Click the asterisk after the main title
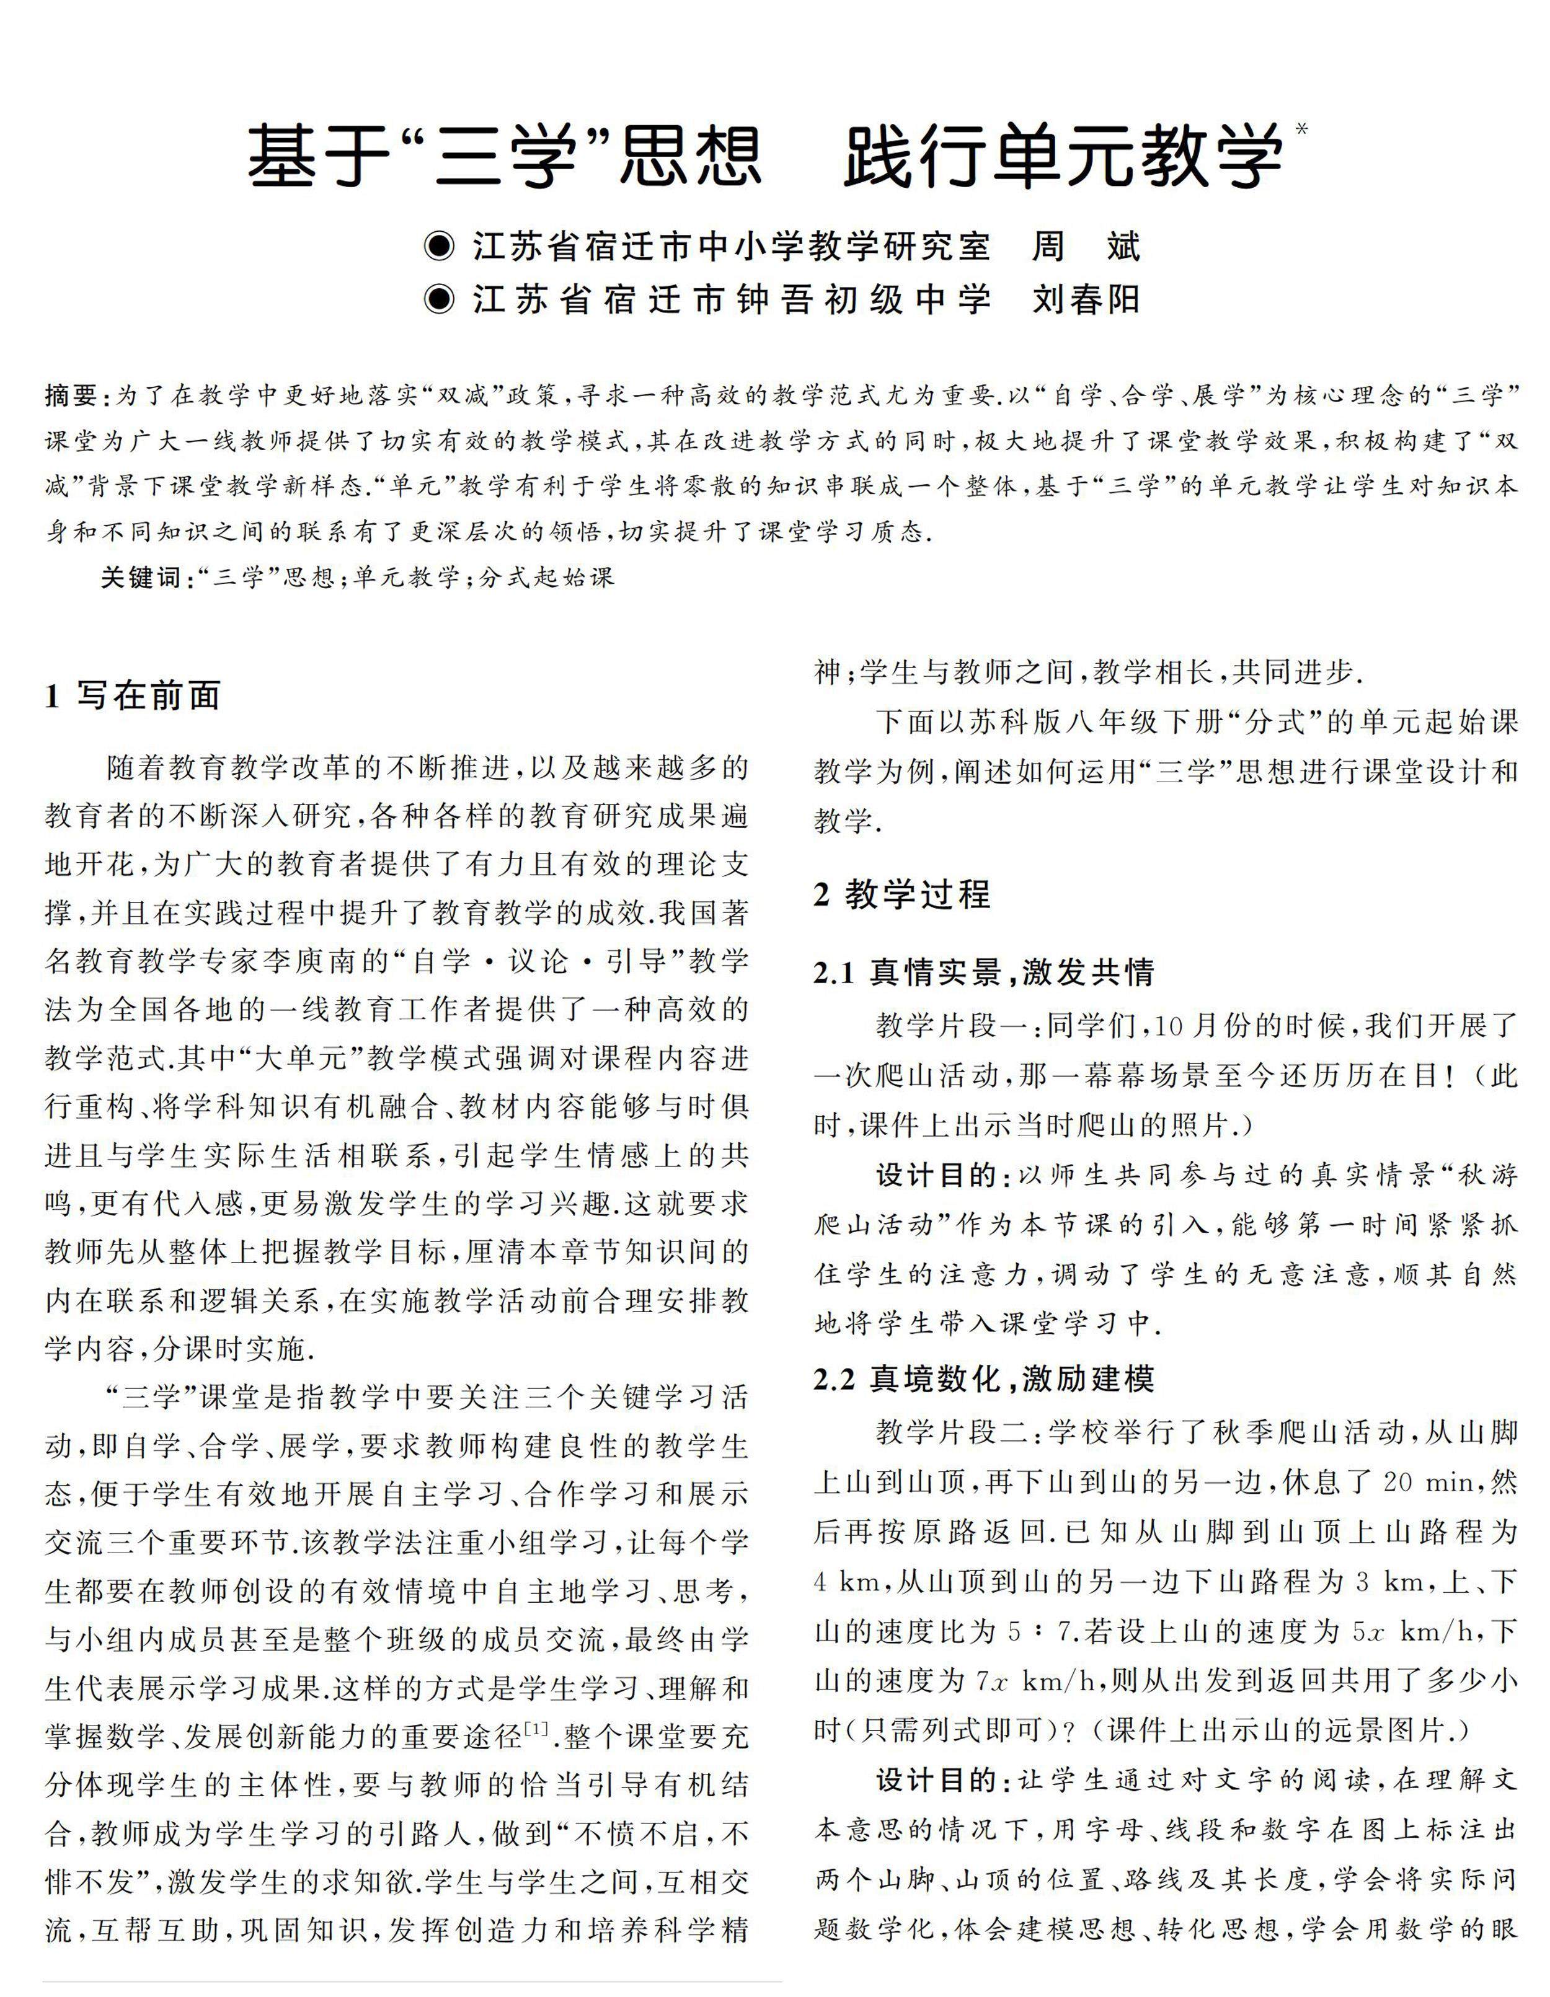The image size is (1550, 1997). (x=1302, y=129)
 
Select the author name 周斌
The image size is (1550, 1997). (x=1086, y=247)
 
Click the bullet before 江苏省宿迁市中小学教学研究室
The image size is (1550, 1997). (x=440, y=247)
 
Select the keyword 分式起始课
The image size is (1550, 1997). (x=546, y=577)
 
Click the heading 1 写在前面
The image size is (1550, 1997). (x=133, y=696)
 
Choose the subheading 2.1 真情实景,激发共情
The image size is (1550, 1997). (x=984, y=972)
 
